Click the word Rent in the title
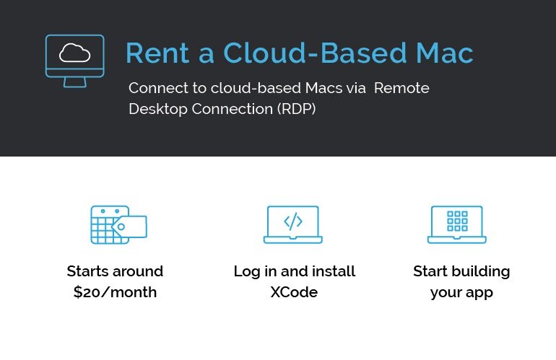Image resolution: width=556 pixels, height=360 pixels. (x=158, y=53)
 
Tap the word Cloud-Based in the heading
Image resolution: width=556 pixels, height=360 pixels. (x=315, y=53)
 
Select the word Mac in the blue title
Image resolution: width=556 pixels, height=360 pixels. (x=445, y=53)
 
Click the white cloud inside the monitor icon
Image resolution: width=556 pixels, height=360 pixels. (x=75, y=53)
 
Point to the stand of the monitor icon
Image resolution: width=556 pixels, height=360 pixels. (x=75, y=82)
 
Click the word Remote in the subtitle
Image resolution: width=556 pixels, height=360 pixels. (x=401, y=88)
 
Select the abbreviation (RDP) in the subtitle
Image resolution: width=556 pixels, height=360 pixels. (x=297, y=109)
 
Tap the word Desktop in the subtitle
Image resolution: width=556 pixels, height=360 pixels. (x=158, y=109)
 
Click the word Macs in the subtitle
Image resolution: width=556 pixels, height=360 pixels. (x=323, y=88)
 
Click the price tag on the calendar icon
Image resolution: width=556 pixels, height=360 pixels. (x=129, y=227)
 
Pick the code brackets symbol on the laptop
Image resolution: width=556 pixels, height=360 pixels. (x=293, y=221)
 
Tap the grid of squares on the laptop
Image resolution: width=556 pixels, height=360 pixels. (x=457, y=221)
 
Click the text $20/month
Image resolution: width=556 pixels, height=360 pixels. (x=115, y=292)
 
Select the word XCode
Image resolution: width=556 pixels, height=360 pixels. (x=294, y=292)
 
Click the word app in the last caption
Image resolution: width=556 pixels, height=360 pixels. (x=479, y=294)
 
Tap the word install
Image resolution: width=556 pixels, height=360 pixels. (x=334, y=271)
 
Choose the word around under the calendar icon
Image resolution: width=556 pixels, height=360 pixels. (x=141, y=271)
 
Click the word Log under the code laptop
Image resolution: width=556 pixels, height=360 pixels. (x=247, y=272)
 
